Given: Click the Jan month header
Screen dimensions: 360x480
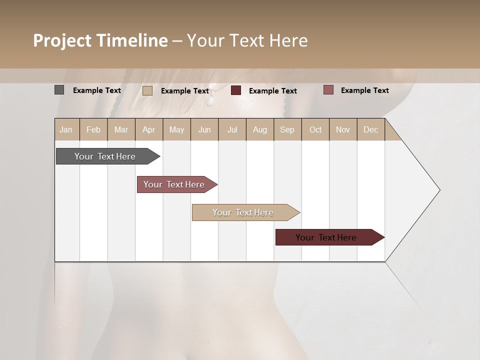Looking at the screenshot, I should coord(66,129).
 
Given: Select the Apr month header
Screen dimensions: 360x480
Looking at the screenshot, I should coord(148,129).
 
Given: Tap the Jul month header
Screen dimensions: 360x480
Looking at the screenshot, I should coord(232,129).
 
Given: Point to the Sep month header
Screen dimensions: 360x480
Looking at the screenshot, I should coord(287,129).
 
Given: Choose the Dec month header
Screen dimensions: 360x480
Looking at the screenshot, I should coord(370,129).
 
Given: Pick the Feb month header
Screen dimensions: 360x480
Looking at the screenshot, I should coord(93,129).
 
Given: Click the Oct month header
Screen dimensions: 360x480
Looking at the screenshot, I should coord(315,129).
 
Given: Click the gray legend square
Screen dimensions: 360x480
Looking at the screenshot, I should coord(59,90).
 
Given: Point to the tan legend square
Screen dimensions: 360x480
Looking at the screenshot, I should coord(147,90).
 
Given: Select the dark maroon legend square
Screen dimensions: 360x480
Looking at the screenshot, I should coord(236,90).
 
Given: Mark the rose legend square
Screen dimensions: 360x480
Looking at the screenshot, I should coord(328,90).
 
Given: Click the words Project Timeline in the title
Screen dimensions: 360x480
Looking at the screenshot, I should coord(100,40).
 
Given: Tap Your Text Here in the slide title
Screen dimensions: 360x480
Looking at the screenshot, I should coord(247,40).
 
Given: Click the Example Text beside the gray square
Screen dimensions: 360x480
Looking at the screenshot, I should coord(97,90).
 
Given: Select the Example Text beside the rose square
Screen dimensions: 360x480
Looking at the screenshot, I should coord(365,90).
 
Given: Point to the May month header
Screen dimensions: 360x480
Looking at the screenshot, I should coord(176,129).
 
